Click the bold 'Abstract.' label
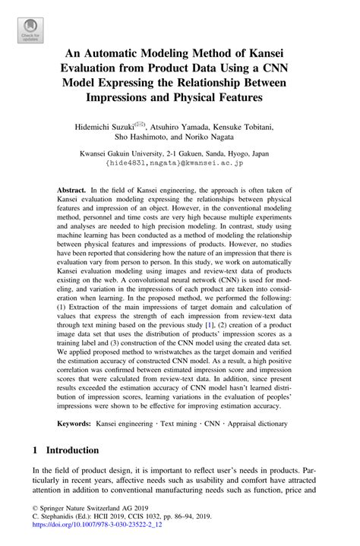coord(73,188)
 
